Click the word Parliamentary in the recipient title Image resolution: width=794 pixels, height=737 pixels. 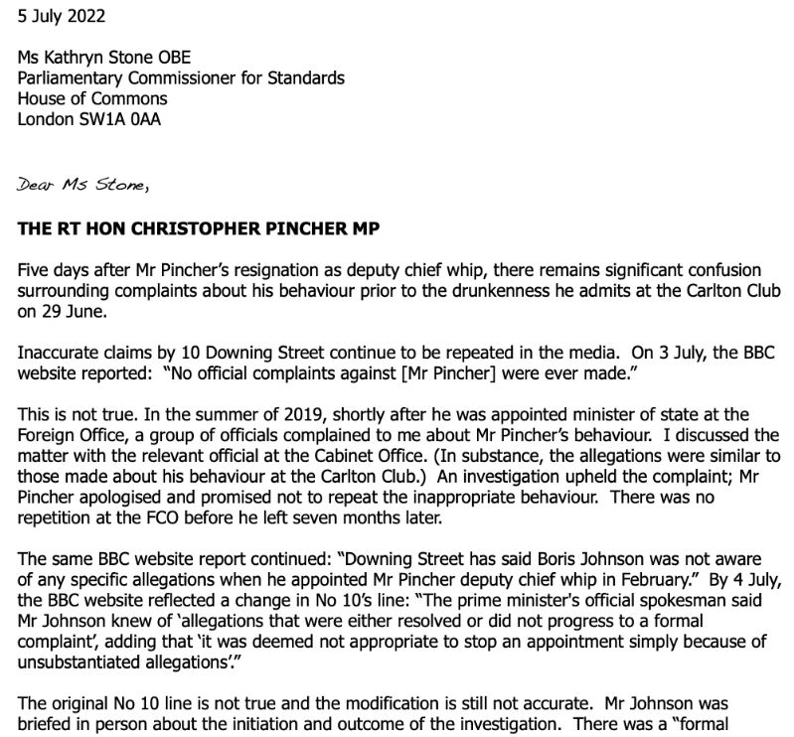tap(72, 78)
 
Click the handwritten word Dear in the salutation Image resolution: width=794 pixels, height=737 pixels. tap(36, 184)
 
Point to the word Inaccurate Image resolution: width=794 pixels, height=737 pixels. tap(57, 353)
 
